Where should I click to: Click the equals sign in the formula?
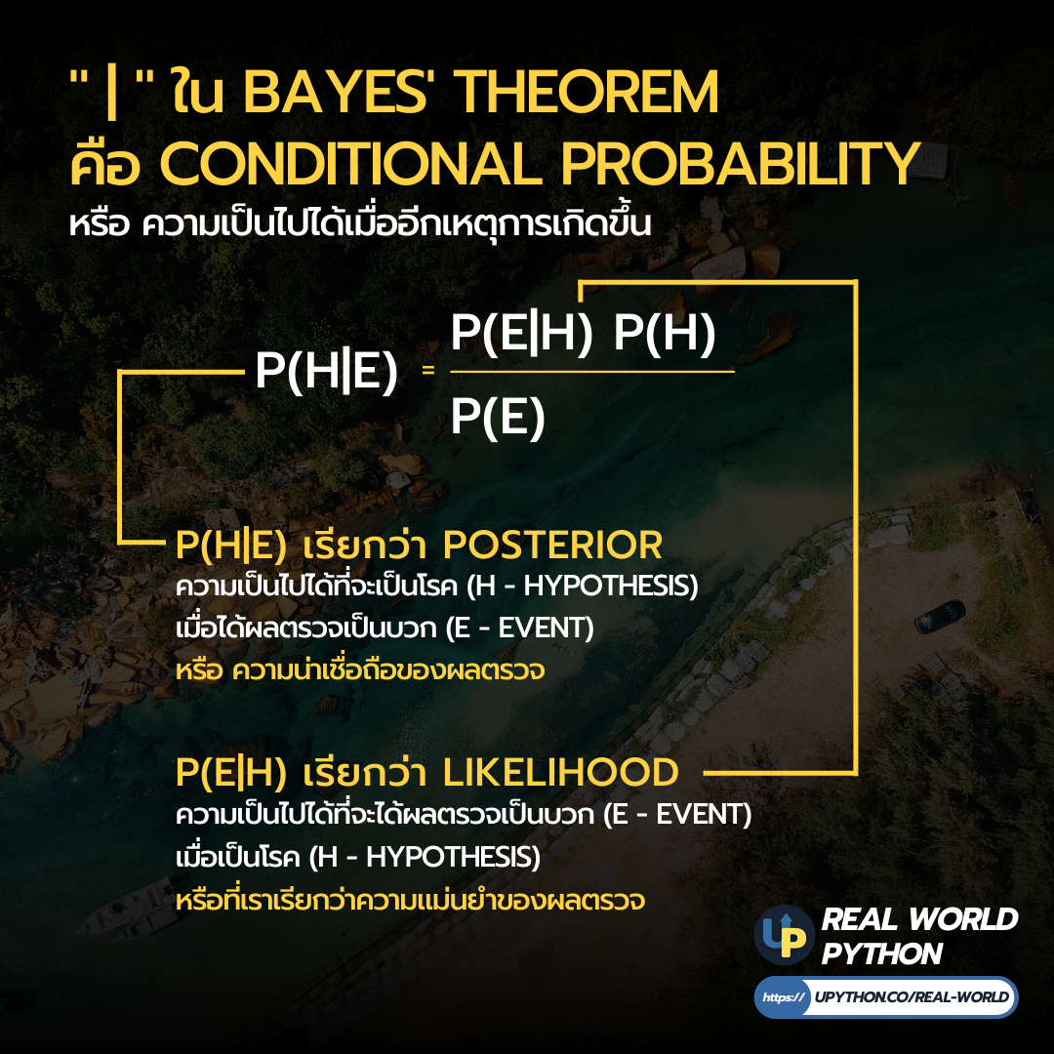point(427,372)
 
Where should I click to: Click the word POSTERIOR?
point(553,545)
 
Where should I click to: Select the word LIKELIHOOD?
point(561,773)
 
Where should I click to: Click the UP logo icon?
point(784,935)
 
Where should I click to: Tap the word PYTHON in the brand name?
point(882,953)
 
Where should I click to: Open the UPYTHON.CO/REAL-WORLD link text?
point(912,997)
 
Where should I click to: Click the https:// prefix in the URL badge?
point(783,997)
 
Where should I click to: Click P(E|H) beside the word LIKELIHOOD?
point(231,773)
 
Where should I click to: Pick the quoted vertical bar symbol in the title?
point(111,95)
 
